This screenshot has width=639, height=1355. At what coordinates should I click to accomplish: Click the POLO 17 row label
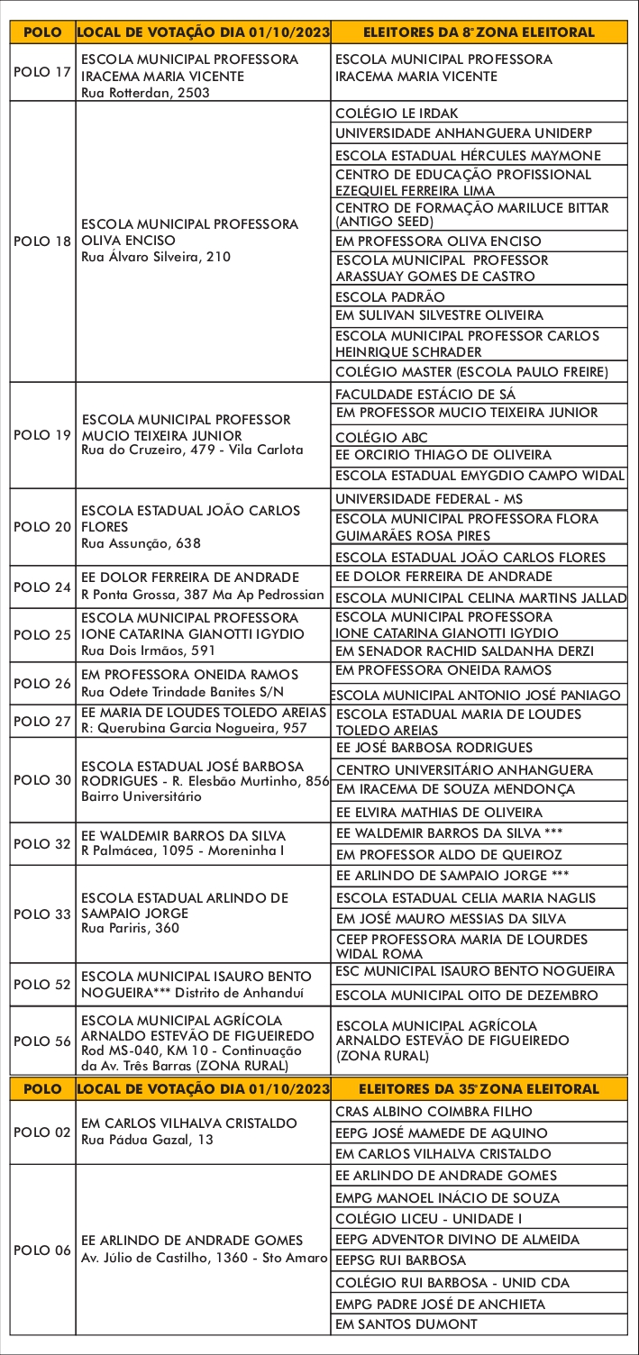click(x=42, y=70)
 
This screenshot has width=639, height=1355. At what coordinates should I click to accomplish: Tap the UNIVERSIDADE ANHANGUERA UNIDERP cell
click(x=463, y=133)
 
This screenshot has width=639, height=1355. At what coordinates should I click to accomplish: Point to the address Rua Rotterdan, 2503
click(x=145, y=92)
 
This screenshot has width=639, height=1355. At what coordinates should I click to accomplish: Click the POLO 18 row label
click(x=42, y=242)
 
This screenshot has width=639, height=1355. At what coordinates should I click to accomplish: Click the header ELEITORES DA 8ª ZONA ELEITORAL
click(x=478, y=32)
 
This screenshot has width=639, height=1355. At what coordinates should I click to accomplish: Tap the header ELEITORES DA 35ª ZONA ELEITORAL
click(x=478, y=1089)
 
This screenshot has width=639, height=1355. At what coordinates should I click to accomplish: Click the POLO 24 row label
click(x=42, y=587)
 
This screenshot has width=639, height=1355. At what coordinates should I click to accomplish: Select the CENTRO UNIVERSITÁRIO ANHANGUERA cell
click(x=463, y=769)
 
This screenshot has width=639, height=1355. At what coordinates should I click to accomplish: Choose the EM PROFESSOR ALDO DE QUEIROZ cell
click(x=448, y=854)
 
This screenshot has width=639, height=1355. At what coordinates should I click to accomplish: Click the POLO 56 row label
click(x=42, y=1041)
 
